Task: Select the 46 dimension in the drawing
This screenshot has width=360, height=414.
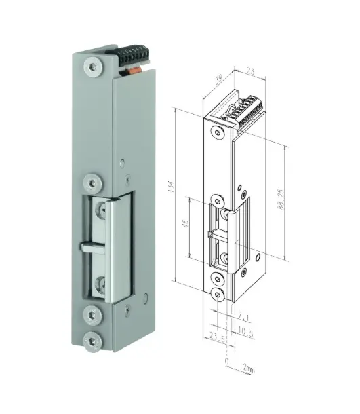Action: [x=186, y=226]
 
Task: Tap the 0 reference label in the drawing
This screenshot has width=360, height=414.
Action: [x=226, y=362]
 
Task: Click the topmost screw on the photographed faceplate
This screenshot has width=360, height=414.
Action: [x=92, y=67]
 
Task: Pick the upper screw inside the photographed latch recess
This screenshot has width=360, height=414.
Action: [x=100, y=212]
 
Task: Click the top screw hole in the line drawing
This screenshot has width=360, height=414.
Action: [x=215, y=132]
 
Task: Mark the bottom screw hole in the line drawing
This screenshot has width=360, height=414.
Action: [x=216, y=295]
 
